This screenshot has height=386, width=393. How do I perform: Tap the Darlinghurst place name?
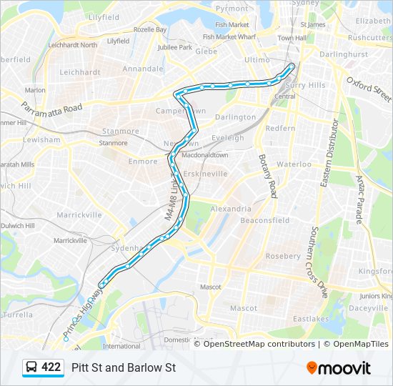click(343, 54)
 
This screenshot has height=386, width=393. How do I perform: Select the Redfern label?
click(280, 128)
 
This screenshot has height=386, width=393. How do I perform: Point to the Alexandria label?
click(231, 209)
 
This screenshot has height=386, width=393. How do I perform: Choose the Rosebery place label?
click(283, 256)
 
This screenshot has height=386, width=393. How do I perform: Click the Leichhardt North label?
click(72, 45)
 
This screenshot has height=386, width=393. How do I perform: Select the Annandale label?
click(143, 69)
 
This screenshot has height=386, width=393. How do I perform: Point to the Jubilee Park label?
click(176, 48)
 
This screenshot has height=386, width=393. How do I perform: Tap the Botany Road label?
click(267, 175)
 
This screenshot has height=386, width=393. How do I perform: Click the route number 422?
click(51, 367)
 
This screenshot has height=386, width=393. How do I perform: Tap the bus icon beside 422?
click(32, 367)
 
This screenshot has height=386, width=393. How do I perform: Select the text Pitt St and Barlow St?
click(124, 367)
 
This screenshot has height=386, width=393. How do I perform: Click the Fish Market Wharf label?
click(229, 36)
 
